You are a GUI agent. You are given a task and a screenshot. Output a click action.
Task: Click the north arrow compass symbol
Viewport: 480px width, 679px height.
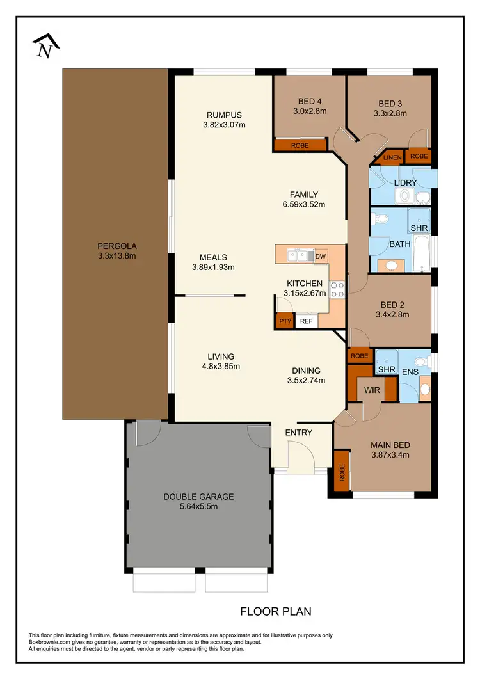tap(46, 46)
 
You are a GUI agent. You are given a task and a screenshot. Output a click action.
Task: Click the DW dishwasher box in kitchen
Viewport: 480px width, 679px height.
tap(321, 256)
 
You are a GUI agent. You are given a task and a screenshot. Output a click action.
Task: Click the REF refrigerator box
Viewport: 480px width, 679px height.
tap(306, 321)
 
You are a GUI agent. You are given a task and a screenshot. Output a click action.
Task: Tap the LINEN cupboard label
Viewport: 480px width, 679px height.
tap(392, 157)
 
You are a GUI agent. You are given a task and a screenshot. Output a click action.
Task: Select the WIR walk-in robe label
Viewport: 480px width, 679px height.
tap(364, 388)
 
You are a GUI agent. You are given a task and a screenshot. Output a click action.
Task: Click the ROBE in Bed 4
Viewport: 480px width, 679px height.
tap(300, 146)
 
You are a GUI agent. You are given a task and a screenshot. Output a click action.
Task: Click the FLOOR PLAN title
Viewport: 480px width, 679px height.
tap(276, 611)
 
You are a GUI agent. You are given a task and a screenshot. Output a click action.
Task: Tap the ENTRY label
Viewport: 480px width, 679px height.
tap(299, 433)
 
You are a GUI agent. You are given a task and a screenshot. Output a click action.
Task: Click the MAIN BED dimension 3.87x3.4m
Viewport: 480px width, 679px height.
tap(390, 456)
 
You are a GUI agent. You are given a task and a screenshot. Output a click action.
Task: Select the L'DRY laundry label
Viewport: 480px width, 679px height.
tap(405, 183)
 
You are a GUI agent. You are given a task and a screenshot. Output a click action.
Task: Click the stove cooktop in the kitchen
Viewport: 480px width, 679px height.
tap(338, 290)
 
